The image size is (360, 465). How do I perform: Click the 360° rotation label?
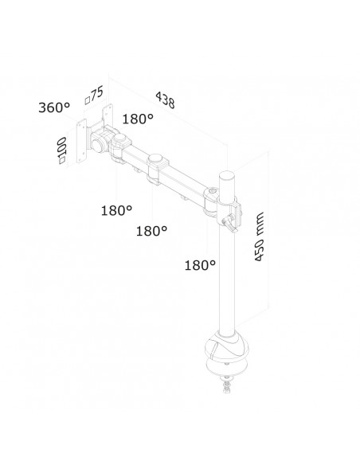coord(53,107)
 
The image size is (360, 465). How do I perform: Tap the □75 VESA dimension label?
coord(96,94)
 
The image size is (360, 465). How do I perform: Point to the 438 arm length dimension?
coord(165,100)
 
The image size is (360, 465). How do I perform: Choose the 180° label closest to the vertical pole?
coord(200,264)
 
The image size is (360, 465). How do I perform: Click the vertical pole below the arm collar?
coord(225,287)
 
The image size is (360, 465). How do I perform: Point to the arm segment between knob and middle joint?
coord(136,158)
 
